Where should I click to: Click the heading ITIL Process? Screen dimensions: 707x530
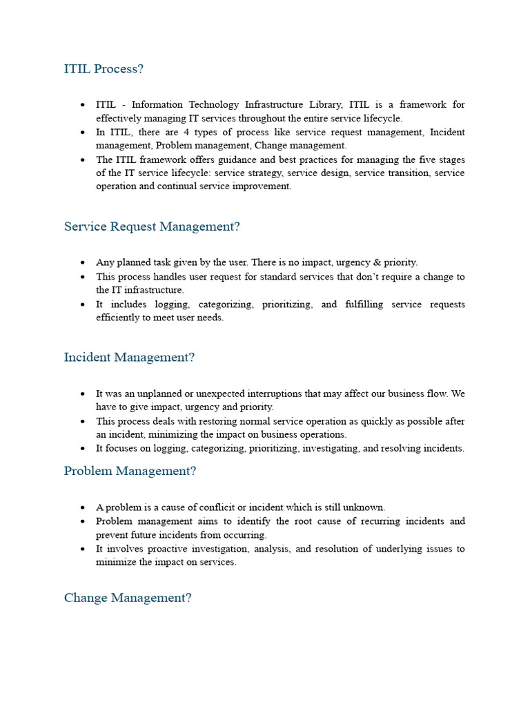(104, 69)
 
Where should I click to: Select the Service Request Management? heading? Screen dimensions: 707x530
(152, 226)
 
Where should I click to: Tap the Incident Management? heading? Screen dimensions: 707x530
(129, 357)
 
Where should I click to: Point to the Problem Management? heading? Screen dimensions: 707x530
(130, 471)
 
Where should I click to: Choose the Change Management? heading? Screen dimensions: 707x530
(128, 598)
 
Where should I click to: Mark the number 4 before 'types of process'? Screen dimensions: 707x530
(186, 132)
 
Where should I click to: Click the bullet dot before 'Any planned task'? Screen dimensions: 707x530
(83, 263)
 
